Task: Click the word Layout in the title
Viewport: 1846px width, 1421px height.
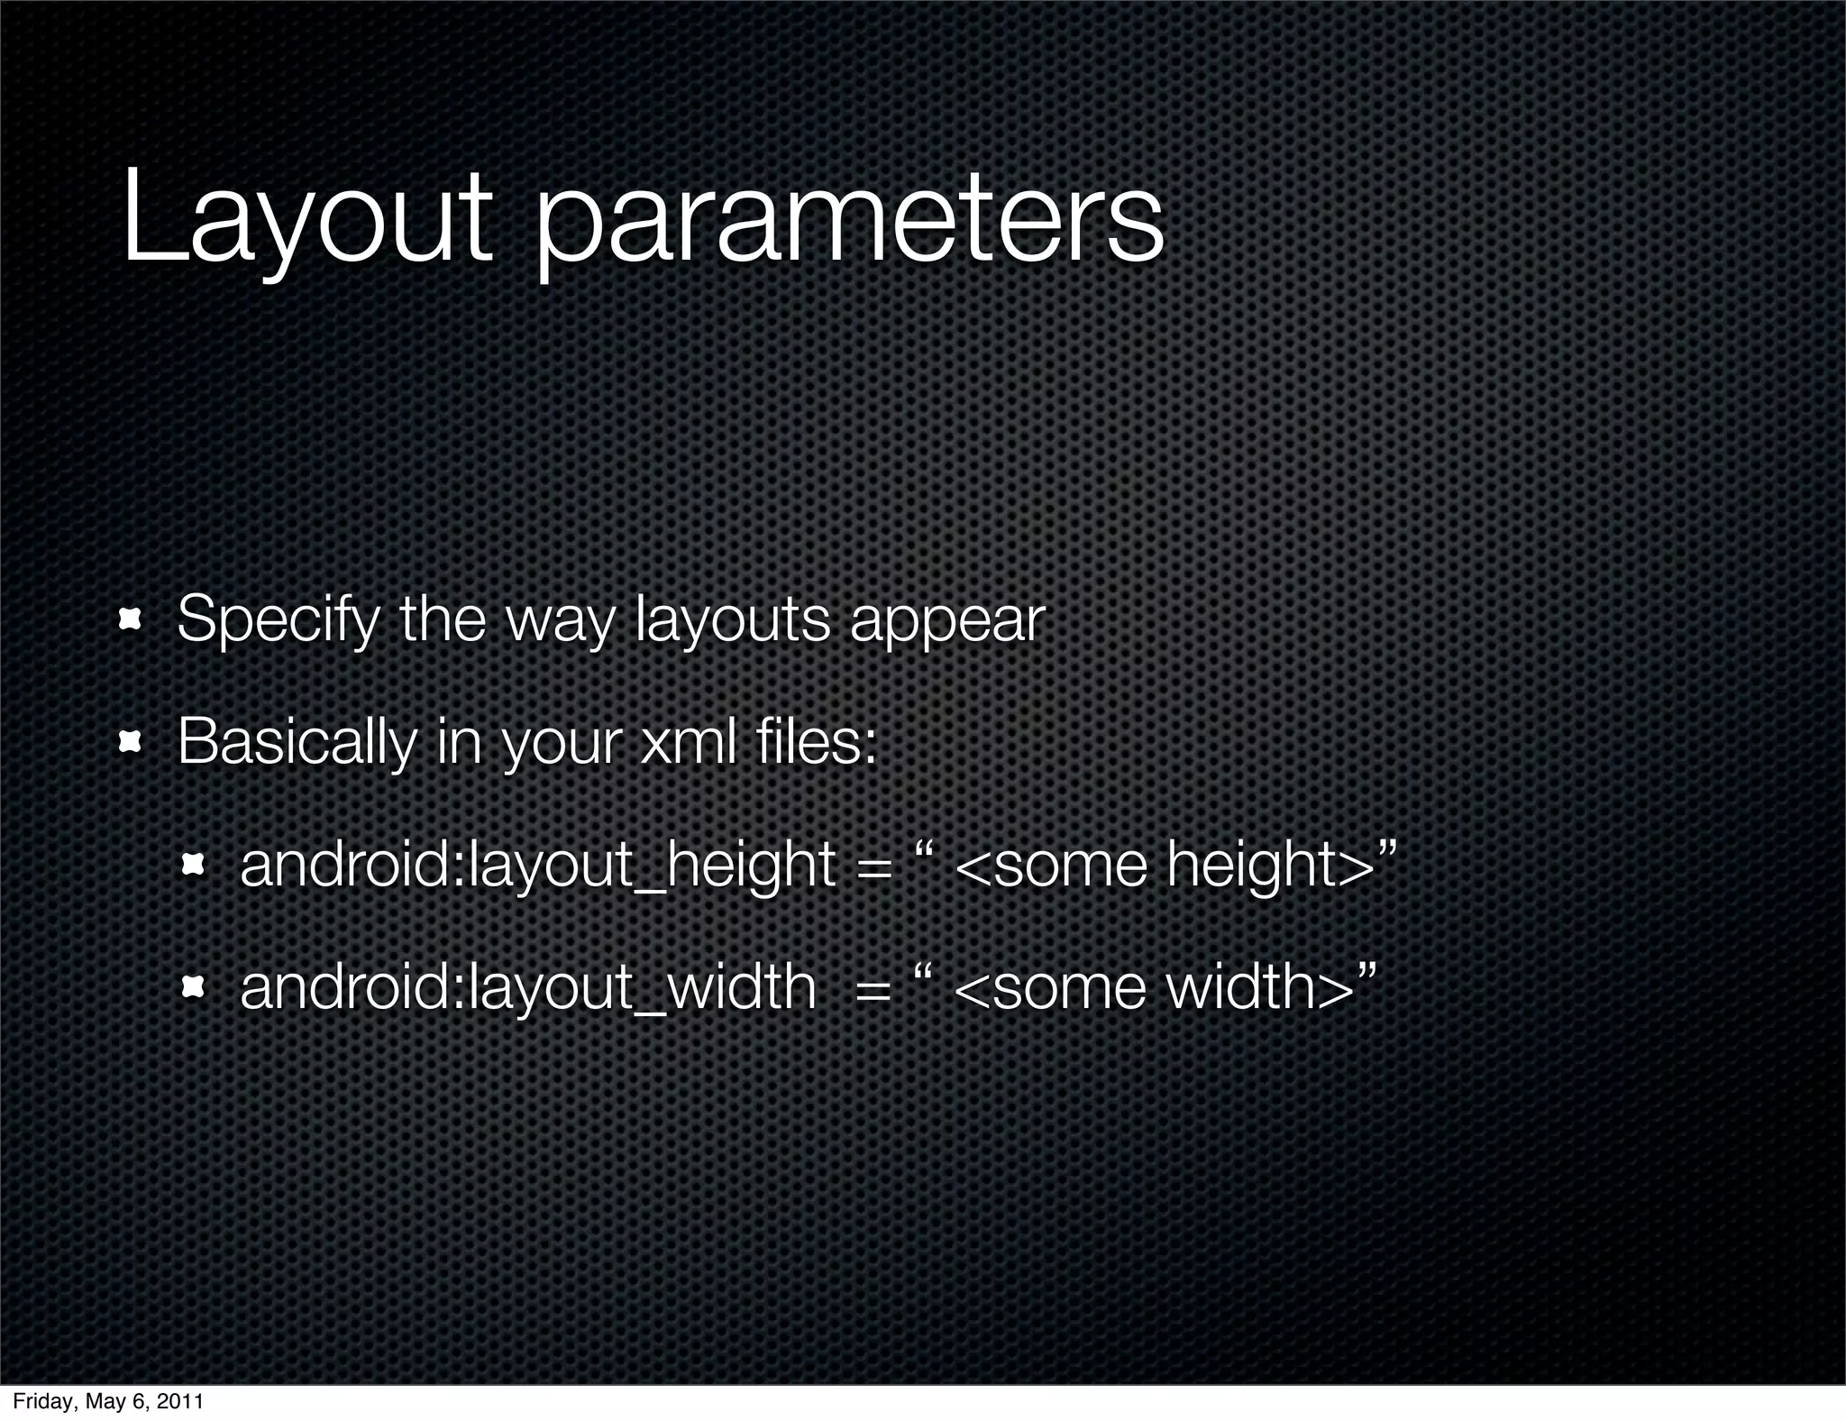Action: tap(306, 221)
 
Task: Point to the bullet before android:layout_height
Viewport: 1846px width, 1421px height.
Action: tap(193, 865)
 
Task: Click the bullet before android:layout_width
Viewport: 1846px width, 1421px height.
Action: tap(193, 988)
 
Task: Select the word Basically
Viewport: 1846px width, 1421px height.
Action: tap(297, 744)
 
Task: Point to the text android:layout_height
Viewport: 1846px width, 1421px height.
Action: tap(537, 866)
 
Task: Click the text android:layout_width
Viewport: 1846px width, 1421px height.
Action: tap(527, 988)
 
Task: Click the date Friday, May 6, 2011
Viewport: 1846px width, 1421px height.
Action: tap(107, 1402)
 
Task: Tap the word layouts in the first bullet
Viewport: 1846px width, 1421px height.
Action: tap(732, 621)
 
